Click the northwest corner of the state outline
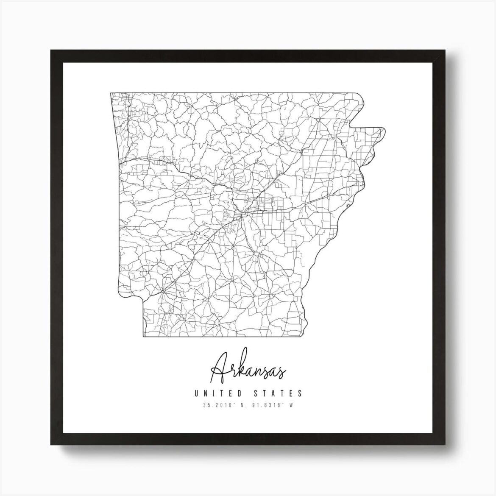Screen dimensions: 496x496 coord(111,93)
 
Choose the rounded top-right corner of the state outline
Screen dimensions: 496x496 coord(362,98)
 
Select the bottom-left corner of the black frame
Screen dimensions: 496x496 coord(51,446)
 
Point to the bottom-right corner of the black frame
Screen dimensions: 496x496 coord(446,446)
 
